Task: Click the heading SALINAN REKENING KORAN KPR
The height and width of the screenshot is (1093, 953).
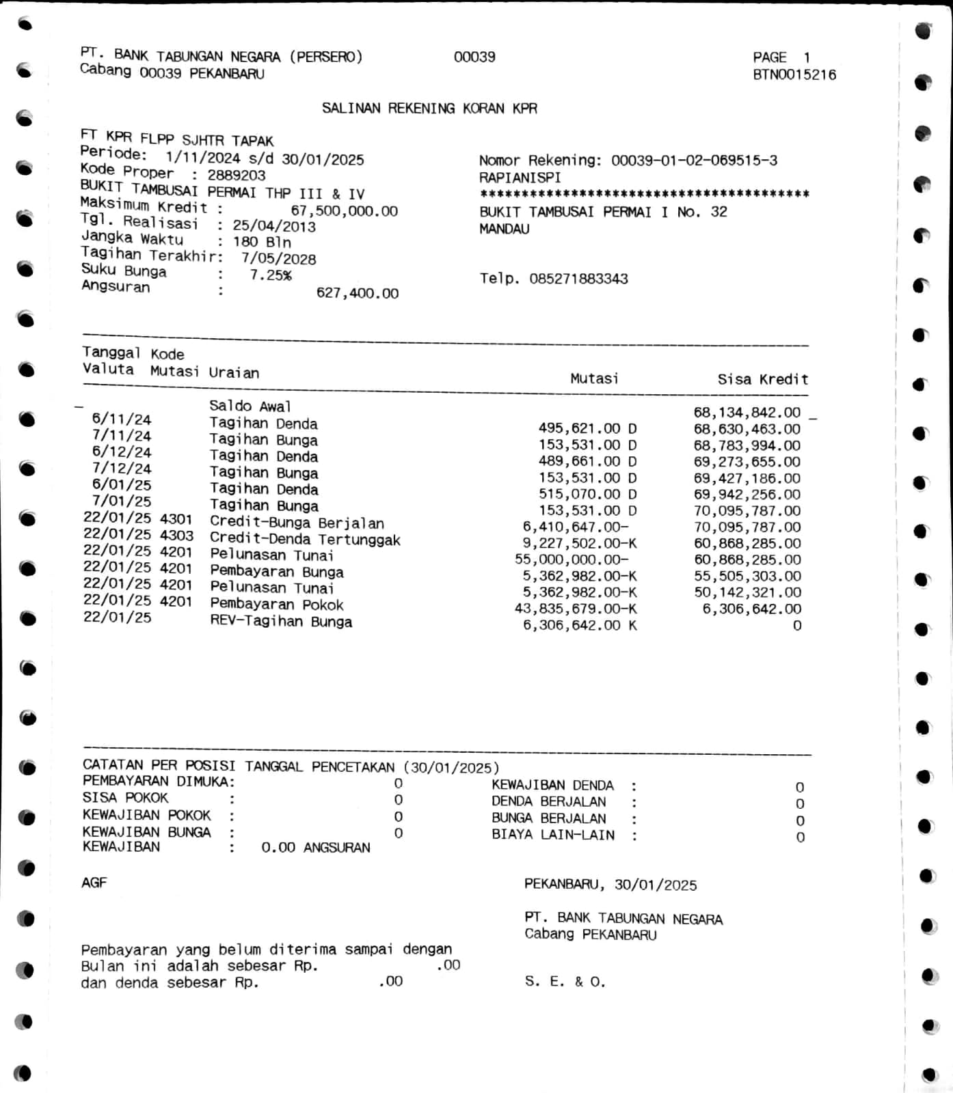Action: pos(429,108)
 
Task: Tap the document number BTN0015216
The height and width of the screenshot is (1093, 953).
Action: pos(794,74)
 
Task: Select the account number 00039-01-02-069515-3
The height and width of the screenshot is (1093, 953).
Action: pos(694,161)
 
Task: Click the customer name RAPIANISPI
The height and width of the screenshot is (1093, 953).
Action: pos(520,177)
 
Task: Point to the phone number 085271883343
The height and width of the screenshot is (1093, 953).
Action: pos(578,279)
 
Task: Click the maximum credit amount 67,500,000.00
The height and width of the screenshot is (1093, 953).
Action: pos(344,210)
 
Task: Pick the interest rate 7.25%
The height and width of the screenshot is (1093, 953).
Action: pos(271,275)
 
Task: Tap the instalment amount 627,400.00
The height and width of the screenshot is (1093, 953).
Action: pos(357,293)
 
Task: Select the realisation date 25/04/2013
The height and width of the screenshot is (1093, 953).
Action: pos(274,226)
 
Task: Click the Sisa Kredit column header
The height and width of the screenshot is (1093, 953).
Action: pos(762,379)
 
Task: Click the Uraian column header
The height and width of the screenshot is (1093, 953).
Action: pos(234,373)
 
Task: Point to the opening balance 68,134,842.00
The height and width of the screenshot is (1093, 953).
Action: pos(747,412)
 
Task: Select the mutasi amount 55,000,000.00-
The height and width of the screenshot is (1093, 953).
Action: pos(572,559)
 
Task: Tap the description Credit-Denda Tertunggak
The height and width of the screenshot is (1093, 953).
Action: pos(305,540)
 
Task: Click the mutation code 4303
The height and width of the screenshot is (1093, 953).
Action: pos(176,535)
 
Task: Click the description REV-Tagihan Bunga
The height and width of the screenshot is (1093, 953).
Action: pos(281,622)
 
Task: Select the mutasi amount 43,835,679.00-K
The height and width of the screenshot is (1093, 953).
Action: pos(576,609)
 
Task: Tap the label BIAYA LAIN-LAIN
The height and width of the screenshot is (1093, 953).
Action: pos(552,835)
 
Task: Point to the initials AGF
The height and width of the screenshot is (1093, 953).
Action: pos(94,883)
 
